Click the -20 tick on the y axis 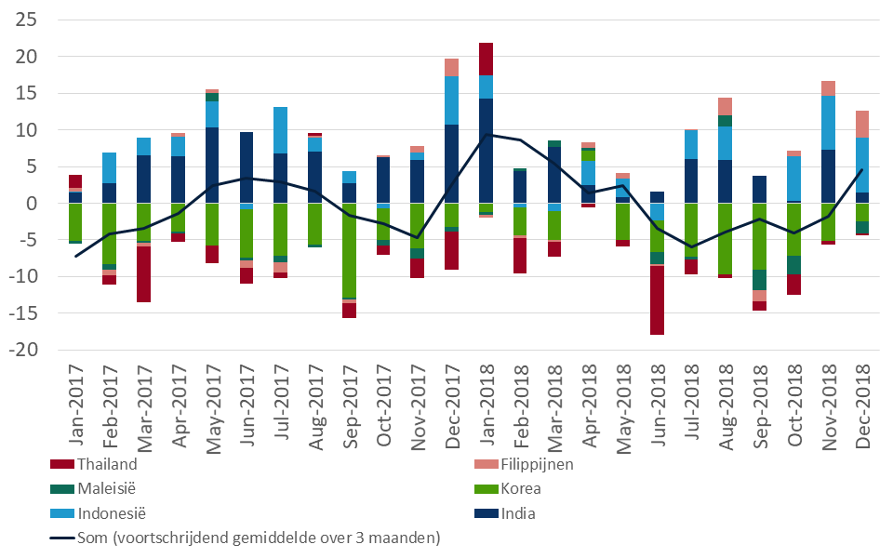22,350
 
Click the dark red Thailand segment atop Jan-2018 486,59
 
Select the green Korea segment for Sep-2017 349,251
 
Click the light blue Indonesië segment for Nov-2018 828,123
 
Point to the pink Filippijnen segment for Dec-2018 861,124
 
